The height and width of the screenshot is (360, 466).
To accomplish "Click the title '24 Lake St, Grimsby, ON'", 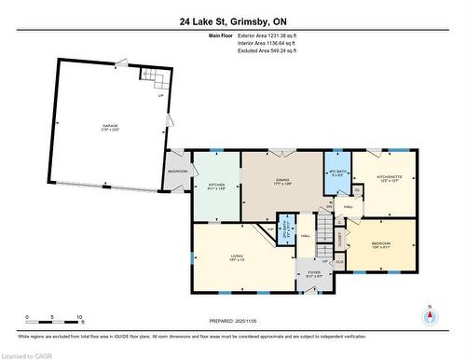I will click(x=232, y=21).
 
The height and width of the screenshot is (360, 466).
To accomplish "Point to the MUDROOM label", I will click(x=177, y=172).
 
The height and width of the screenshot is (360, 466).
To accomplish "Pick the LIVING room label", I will click(x=239, y=258).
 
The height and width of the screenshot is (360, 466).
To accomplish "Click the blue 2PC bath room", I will click(x=288, y=226).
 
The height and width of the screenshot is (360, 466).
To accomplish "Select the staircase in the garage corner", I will click(x=152, y=78).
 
